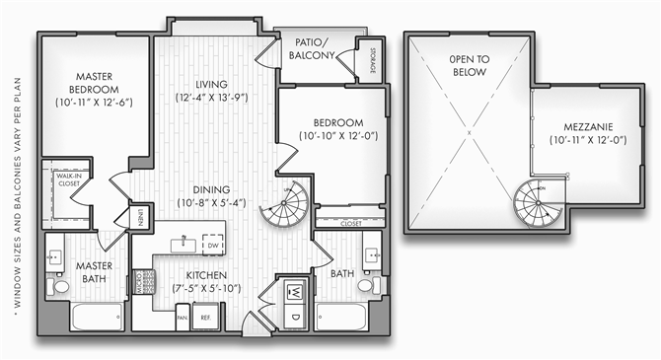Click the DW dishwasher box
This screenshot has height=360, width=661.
pos(211,241)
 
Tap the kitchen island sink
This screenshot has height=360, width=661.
pos(184,242)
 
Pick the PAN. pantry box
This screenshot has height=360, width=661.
pos(183,318)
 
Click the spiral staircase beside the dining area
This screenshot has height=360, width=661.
pos(289,207)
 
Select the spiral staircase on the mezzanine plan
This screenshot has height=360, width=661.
pos(536,205)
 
